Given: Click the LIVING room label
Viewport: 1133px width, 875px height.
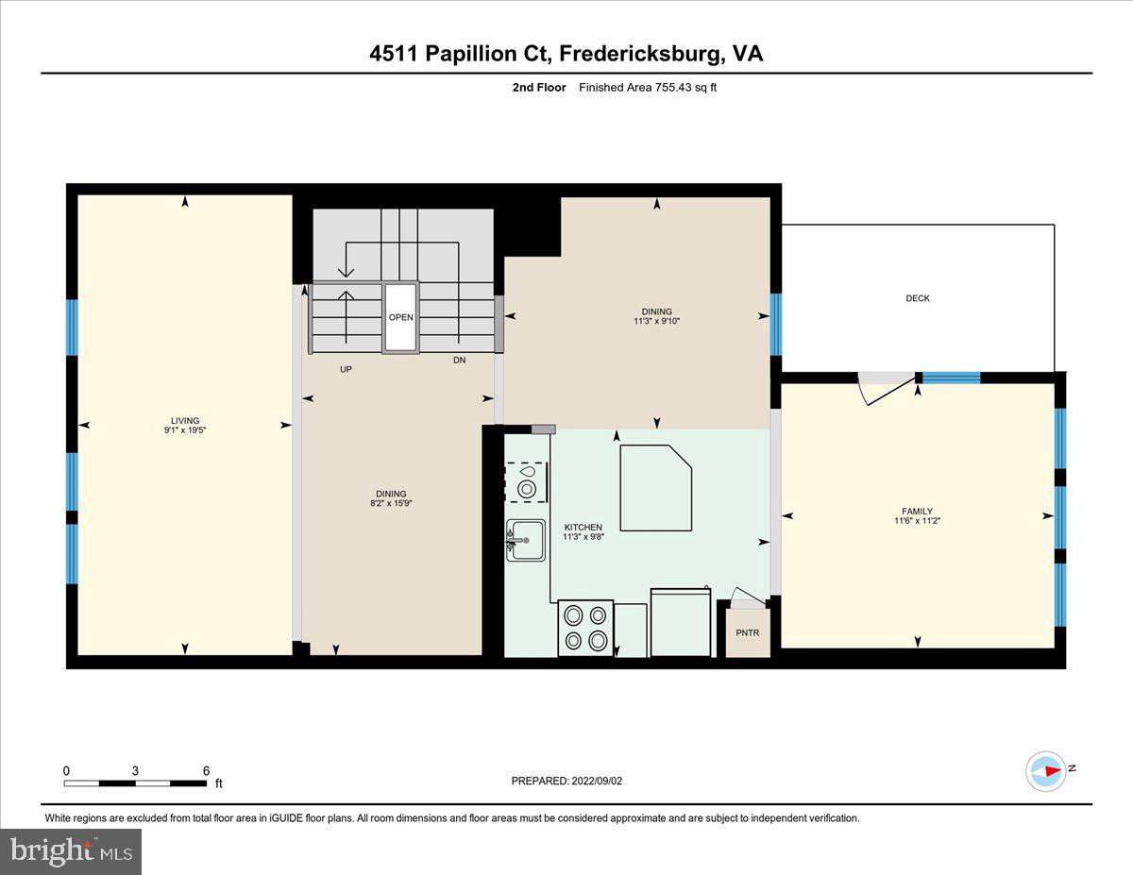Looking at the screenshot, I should tap(185, 421).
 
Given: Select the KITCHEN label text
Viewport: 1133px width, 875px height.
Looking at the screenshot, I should tap(583, 527).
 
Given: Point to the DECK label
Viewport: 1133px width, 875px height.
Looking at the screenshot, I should tap(918, 298).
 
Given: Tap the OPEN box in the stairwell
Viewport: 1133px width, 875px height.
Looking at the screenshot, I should tap(400, 317).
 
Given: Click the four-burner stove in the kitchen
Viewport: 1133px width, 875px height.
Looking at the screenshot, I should tap(585, 628).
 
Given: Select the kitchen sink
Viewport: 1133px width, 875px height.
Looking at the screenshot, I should tap(526, 541).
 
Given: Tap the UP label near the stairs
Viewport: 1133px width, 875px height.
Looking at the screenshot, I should tap(346, 369).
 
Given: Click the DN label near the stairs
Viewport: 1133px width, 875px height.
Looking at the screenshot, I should tap(459, 360).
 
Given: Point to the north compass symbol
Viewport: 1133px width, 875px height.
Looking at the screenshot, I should tap(1047, 770).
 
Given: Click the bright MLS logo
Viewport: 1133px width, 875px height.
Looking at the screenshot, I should tap(71, 851).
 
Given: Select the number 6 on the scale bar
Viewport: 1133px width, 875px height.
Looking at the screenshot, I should tap(206, 770).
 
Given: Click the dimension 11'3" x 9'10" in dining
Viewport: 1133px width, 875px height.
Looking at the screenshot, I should tap(657, 321).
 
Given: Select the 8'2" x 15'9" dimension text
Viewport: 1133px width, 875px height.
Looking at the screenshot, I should tap(391, 504).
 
